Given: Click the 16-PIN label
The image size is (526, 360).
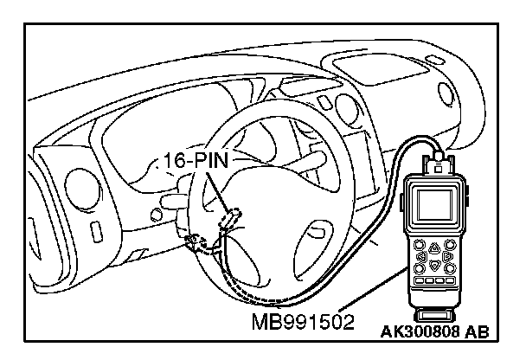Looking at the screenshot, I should tap(193, 161).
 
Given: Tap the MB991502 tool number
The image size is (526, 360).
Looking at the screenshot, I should tap(304, 323).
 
